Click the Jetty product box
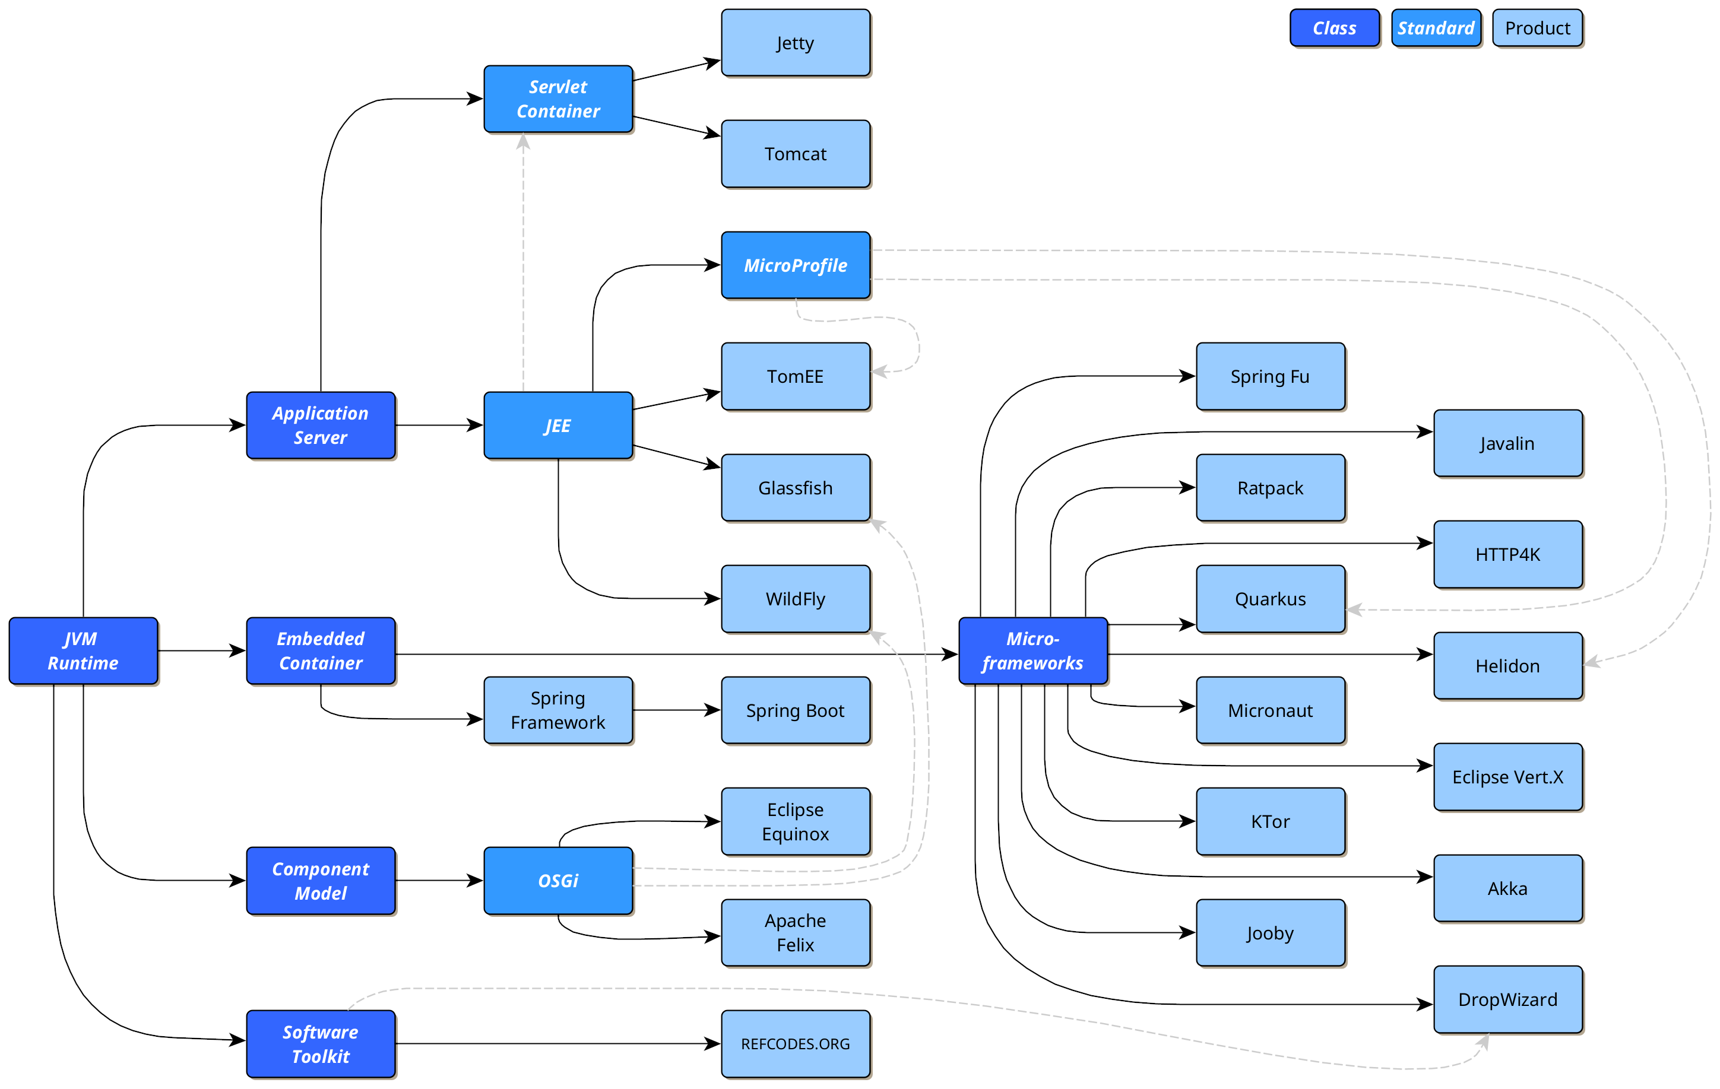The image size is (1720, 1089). (795, 43)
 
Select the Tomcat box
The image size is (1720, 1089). (795, 154)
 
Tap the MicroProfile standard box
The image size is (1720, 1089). (795, 265)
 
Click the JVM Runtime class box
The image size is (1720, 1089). (83, 650)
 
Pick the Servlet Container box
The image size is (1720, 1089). (558, 99)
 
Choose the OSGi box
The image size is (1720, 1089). (558, 881)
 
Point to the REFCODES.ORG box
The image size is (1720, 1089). (795, 1043)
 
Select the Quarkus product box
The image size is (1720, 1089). (1270, 598)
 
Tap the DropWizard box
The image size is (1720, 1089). (1507, 999)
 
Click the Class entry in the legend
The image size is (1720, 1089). (1334, 28)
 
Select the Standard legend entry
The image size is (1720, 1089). (1436, 28)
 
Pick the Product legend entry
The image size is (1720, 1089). (1537, 28)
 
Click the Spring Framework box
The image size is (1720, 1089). (558, 710)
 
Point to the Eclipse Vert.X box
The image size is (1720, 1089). (1507, 776)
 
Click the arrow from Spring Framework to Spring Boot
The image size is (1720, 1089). (675, 710)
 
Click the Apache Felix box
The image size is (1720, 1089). (795, 932)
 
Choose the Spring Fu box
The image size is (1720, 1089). (1270, 376)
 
